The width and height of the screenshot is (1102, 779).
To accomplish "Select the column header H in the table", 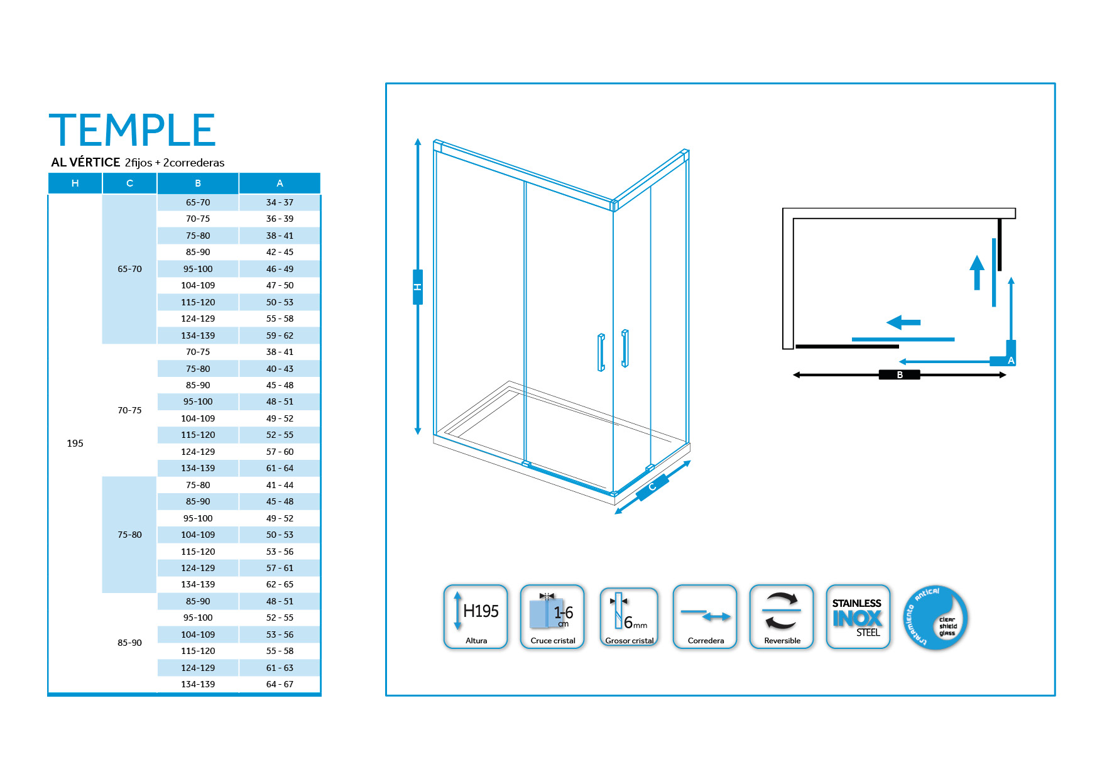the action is [x=75, y=183].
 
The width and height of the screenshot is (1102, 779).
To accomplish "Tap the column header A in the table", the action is [x=280, y=183].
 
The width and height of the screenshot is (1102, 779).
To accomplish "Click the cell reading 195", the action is [x=75, y=444].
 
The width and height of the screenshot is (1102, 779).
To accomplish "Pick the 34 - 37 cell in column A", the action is [x=280, y=202].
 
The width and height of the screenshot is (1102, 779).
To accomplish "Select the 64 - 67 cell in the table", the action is [x=280, y=684].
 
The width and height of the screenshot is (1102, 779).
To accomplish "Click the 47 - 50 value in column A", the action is [x=280, y=285].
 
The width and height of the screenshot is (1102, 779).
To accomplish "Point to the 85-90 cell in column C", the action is [x=129, y=643].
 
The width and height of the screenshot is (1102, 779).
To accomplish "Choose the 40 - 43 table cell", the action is [x=280, y=369].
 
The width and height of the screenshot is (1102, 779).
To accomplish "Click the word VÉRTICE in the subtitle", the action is [x=94, y=162].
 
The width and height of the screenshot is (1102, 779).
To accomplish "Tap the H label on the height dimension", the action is [x=418, y=287].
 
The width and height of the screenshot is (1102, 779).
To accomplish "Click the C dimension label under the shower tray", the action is [x=652, y=487].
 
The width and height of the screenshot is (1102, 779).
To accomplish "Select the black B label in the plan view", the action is [x=900, y=375].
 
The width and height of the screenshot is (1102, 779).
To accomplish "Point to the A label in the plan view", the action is [x=1011, y=361].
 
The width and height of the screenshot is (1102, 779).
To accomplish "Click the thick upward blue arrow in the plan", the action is [x=977, y=273].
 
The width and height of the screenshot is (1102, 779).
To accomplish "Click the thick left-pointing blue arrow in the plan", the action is [x=903, y=322].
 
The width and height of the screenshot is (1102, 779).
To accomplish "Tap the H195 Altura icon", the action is [x=476, y=617].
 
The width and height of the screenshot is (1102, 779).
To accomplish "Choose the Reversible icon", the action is [x=782, y=617].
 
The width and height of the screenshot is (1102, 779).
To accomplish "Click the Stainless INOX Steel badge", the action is [x=858, y=617].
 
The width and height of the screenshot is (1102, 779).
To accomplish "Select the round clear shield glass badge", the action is [x=936, y=618].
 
